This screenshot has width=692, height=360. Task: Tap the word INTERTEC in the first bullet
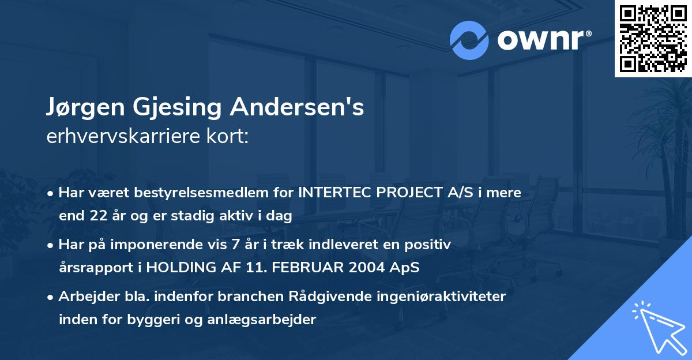coord(333,193)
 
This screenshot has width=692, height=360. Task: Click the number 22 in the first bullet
coord(95,216)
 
